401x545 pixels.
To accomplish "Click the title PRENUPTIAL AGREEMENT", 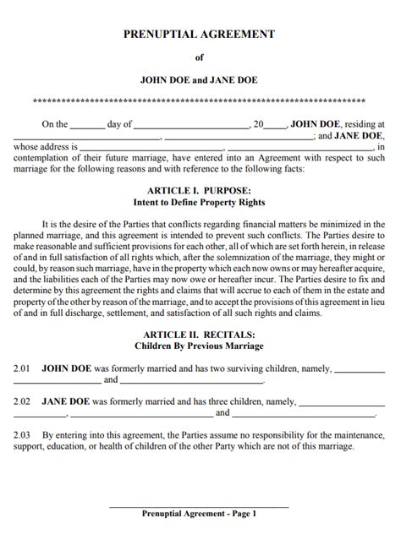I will coord(200,34).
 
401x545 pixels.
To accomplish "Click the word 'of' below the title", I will coord(200,58).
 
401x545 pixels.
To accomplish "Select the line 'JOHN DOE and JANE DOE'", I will coord(200,81).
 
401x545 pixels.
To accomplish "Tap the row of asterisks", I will coord(200,101).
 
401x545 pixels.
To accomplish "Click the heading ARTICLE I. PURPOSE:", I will coord(200,191).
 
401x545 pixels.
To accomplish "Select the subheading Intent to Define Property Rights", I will coord(200,203).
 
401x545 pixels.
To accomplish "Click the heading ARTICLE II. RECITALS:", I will coord(200,334).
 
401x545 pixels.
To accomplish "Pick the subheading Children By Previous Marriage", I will coord(200,346).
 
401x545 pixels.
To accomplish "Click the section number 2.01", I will coord(22,369).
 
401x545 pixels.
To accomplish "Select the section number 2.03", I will coord(22,435).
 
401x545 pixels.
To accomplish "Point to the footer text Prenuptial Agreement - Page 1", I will coord(200,513).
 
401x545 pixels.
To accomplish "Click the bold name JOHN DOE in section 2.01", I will coord(65,369).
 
